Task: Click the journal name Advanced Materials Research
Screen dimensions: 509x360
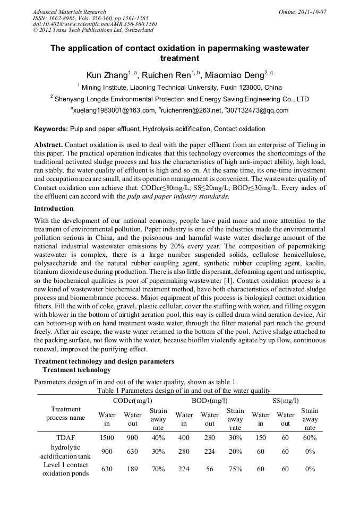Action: point(69,12)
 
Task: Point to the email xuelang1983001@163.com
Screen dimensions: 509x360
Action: point(113,110)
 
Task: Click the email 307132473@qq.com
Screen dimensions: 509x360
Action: point(259,110)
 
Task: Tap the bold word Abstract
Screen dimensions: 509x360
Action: point(48,145)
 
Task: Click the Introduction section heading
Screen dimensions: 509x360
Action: point(54,209)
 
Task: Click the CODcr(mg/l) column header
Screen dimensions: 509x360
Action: point(133,401)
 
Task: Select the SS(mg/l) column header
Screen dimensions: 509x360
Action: point(286,401)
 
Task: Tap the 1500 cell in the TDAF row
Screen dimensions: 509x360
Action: point(107,438)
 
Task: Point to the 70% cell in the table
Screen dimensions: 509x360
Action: point(158,469)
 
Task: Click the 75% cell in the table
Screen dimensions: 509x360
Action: point(235,469)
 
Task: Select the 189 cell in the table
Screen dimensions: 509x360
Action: point(133,469)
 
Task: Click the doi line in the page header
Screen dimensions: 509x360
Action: point(95,24)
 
